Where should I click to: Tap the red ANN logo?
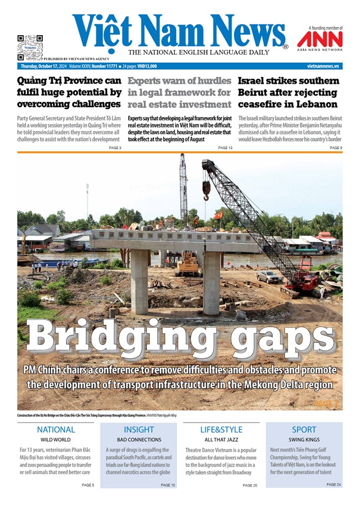point(320,39)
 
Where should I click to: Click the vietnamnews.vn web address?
point(323,66)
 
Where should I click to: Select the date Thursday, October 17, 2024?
point(43,66)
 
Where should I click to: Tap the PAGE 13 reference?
point(225,148)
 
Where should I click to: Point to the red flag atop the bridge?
point(218,215)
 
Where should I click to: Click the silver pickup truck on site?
point(269,277)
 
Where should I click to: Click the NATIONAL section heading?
point(56,430)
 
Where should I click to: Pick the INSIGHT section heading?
point(139,430)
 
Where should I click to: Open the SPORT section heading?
point(304,430)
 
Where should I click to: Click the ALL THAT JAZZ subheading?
point(221,439)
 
